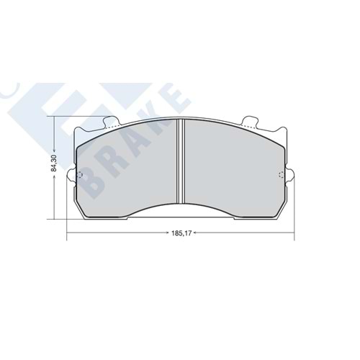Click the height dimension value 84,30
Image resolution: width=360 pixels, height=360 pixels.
[54, 163]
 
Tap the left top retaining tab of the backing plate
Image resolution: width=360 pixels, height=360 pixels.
[112, 122]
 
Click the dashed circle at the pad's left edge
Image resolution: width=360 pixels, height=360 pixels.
[80, 175]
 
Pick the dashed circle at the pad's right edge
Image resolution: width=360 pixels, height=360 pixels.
[282, 175]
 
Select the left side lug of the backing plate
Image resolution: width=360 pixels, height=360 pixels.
[71, 175]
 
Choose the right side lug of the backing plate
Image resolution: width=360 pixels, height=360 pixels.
[290, 175]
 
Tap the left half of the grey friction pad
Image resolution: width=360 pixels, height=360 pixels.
[127, 168]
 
